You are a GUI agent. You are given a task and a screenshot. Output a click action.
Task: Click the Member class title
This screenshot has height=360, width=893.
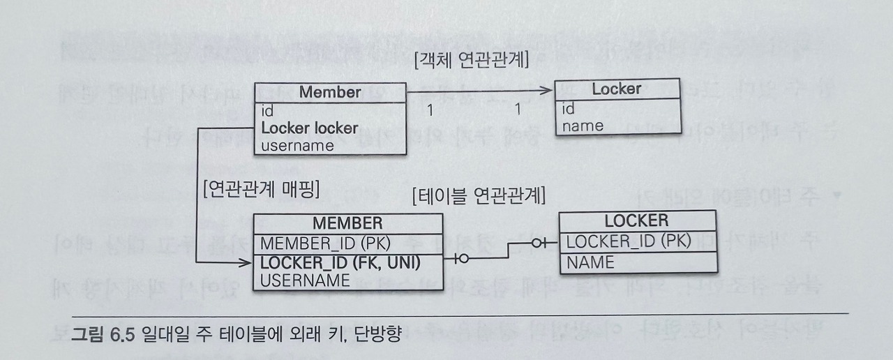click(330, 92)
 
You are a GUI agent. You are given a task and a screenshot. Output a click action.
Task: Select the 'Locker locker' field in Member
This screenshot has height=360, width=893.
click(309, 128)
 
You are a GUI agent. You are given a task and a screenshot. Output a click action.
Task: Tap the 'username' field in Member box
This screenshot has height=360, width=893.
click(297, 146)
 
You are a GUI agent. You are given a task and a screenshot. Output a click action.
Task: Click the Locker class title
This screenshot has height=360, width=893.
click(616, 89)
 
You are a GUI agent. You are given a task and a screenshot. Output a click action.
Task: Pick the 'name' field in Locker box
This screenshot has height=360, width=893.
click(583, 126)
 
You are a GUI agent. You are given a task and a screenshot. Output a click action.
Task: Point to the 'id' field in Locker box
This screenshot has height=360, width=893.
click(569, 109)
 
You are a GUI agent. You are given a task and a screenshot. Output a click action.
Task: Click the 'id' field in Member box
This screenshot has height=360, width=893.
click(267, 111)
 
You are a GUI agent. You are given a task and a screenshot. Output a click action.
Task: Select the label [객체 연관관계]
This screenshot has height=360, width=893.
click(471, 61)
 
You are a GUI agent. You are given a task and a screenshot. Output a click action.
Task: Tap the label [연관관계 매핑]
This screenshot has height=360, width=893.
click(260, 188)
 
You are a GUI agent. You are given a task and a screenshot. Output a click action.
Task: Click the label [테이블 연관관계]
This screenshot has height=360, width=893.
click(479, 195)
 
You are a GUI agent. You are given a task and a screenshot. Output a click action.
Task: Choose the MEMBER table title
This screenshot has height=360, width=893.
click(347, 223)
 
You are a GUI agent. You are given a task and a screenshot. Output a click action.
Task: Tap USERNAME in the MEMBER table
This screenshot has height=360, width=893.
click(305, 280)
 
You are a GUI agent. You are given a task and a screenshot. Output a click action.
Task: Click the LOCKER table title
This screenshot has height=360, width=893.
click(636, 221)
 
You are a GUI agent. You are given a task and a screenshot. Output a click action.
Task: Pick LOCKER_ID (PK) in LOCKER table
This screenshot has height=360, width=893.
click(628, 241)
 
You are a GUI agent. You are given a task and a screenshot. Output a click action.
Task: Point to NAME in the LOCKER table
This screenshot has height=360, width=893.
click(590, 262)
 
